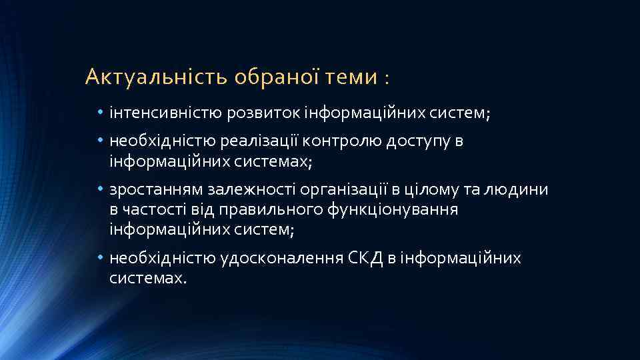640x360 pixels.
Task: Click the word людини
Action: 520,190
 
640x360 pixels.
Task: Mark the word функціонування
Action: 393,210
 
